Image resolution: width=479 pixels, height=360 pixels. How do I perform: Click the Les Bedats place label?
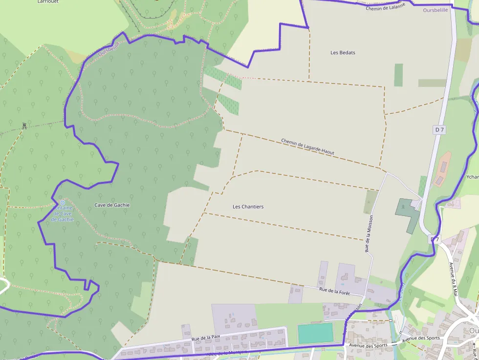(x=343, y=53)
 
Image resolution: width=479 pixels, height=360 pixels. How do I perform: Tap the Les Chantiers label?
(x=248, y=207)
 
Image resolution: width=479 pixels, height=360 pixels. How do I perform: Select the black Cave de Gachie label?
(x=112, y=205)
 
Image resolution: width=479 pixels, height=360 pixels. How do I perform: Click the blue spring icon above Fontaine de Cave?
(x=62, y=202)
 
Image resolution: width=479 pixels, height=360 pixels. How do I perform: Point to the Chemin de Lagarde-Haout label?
(x=307, y=147)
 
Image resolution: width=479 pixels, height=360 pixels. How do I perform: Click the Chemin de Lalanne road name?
(x=386, y=8)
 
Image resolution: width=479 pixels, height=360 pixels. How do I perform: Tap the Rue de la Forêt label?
(x=336, y=290)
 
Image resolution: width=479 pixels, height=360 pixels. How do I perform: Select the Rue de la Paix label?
(x=206, y=338)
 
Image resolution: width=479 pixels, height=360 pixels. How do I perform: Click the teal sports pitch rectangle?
(x=315, y=333)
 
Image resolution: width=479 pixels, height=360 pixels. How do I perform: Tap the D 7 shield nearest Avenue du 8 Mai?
(x=435, y=240)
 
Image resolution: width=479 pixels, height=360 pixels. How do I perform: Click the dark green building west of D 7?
(x=407, y=214)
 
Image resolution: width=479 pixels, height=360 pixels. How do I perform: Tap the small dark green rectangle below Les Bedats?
(x=398, y=75)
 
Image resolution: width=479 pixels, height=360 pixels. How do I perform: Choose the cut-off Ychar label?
(x=472, y=177)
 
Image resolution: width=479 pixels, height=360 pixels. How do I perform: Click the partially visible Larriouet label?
(x=47, y=1)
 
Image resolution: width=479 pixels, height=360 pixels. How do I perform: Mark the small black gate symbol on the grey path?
(x=23, y=126)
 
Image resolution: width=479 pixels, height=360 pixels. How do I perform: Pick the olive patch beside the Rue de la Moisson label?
(x=370, y=201)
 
